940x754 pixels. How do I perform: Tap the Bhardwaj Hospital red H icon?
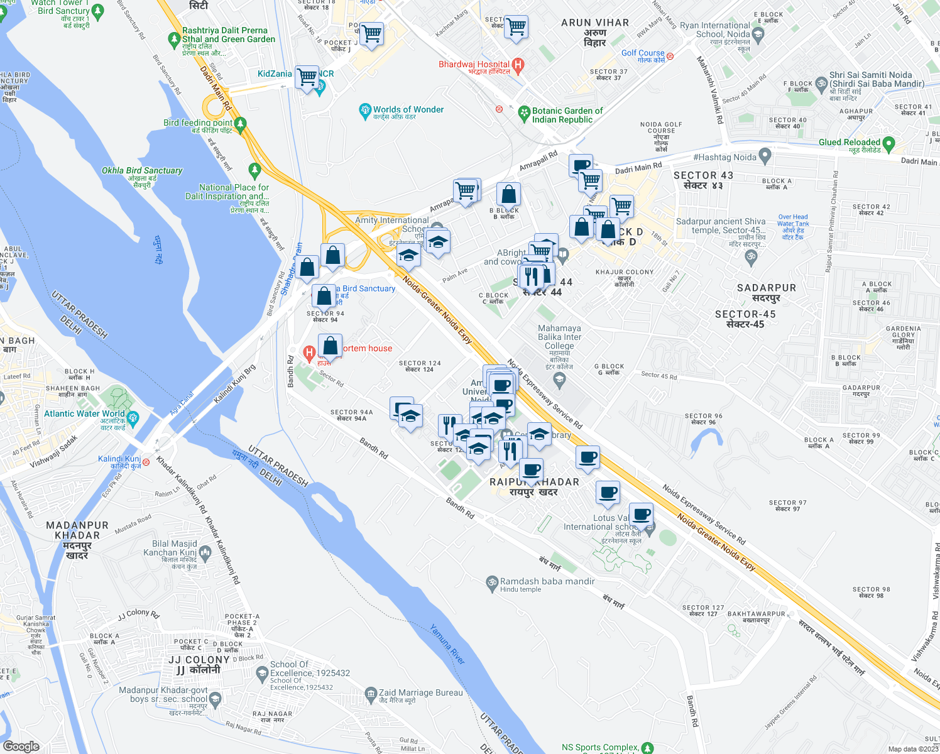pos(518,64)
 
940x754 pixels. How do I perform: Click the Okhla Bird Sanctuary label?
pos(142,171)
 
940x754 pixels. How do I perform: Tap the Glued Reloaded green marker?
pos(888,144)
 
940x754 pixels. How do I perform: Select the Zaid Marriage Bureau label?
pos(420,693)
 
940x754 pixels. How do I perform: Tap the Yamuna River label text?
pos(448,644)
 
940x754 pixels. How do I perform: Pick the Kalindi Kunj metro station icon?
pos(146,462)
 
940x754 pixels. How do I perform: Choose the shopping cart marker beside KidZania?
pos(307,77)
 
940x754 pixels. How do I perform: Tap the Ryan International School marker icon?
pos(758,35)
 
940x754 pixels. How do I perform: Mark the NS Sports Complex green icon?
pos(648,748)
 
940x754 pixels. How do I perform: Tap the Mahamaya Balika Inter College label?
pos(559,337)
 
